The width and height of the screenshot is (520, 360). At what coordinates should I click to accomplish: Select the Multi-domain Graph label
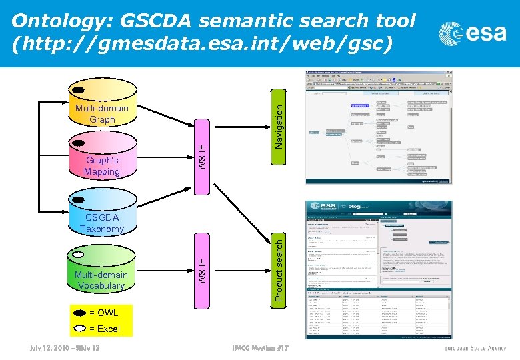point(101,114)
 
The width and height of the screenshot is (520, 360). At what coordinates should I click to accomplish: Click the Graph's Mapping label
point(101,166)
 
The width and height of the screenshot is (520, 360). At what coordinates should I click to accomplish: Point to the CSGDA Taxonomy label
point(101,223)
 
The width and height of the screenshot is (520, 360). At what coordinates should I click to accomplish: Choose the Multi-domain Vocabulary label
point(101,280)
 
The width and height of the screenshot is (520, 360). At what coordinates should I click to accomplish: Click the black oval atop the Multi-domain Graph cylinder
point(78,90)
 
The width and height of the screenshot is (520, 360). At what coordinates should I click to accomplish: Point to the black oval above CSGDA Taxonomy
point(78,199)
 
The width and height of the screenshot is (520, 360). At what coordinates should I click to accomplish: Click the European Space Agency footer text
point(475,349)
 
